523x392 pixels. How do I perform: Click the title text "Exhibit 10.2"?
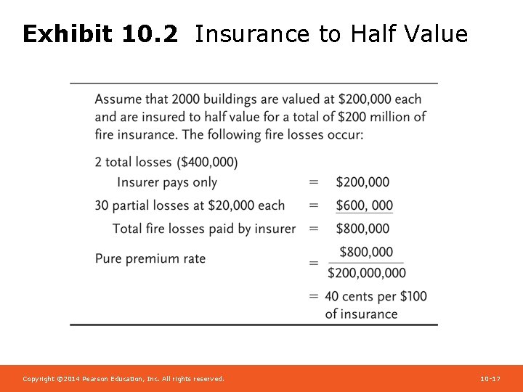[100, 33]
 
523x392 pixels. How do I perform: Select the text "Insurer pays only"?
[167, 182]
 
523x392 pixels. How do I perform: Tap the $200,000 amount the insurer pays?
[362, 182]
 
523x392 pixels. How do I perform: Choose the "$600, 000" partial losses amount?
[364, 205]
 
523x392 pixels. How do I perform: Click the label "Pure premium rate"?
[150, 258]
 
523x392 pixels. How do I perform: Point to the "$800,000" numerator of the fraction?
[366, 252]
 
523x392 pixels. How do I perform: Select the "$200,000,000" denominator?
[367, 273]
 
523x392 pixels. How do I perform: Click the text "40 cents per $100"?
[376, 296]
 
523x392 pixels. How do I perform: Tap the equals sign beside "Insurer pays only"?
[314, 182]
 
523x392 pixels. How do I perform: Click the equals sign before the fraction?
[314, 263]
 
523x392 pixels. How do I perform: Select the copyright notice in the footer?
[123, 379]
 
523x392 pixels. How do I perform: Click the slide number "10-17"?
[490, 379]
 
